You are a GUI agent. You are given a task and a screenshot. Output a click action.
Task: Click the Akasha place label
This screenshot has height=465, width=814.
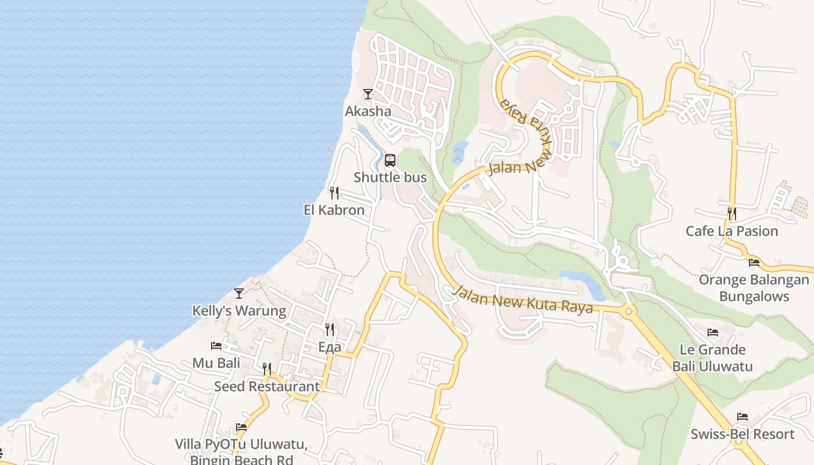point(368,111)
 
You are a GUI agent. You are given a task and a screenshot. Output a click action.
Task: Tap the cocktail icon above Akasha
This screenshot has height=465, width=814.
point(368,94)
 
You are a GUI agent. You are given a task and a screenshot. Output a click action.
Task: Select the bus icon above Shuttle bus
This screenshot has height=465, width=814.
point(390,160)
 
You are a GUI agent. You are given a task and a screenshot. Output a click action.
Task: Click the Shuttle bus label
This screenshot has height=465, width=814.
point(390,178)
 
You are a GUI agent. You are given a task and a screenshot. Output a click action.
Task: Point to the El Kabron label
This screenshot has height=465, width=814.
point(334,210)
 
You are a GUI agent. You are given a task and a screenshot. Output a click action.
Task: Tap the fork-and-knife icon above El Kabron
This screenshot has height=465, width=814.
point(334,193)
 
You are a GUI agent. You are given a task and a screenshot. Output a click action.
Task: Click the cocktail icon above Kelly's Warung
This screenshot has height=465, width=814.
point(239,294)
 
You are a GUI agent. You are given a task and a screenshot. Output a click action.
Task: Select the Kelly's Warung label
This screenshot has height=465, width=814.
point(239,311)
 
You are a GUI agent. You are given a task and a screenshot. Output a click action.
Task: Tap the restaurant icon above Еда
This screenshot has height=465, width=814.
point(330,330)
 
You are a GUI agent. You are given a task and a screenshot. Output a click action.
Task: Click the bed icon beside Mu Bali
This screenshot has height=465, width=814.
point(216,346)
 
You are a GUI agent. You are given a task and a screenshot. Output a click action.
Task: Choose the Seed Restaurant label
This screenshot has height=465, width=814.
point(267,386)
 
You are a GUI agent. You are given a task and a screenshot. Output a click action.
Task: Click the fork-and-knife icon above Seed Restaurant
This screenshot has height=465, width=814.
point(267,369)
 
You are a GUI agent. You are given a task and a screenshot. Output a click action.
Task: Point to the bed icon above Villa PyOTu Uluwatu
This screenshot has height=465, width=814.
point(241,427)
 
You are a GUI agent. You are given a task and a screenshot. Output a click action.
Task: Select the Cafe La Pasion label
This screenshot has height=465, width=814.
point(731,231)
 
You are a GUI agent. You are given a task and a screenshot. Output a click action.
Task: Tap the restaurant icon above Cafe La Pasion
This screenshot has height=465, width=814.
point(731,214)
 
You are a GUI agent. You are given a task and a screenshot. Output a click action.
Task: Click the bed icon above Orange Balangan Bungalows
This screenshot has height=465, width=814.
point(754,263)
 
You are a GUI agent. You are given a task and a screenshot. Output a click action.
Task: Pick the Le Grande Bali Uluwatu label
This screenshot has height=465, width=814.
point(713,358)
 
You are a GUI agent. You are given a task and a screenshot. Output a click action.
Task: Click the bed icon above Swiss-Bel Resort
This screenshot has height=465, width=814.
point(742,417)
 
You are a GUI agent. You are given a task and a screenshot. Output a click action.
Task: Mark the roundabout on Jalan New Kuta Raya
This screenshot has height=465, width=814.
point(628,311)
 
